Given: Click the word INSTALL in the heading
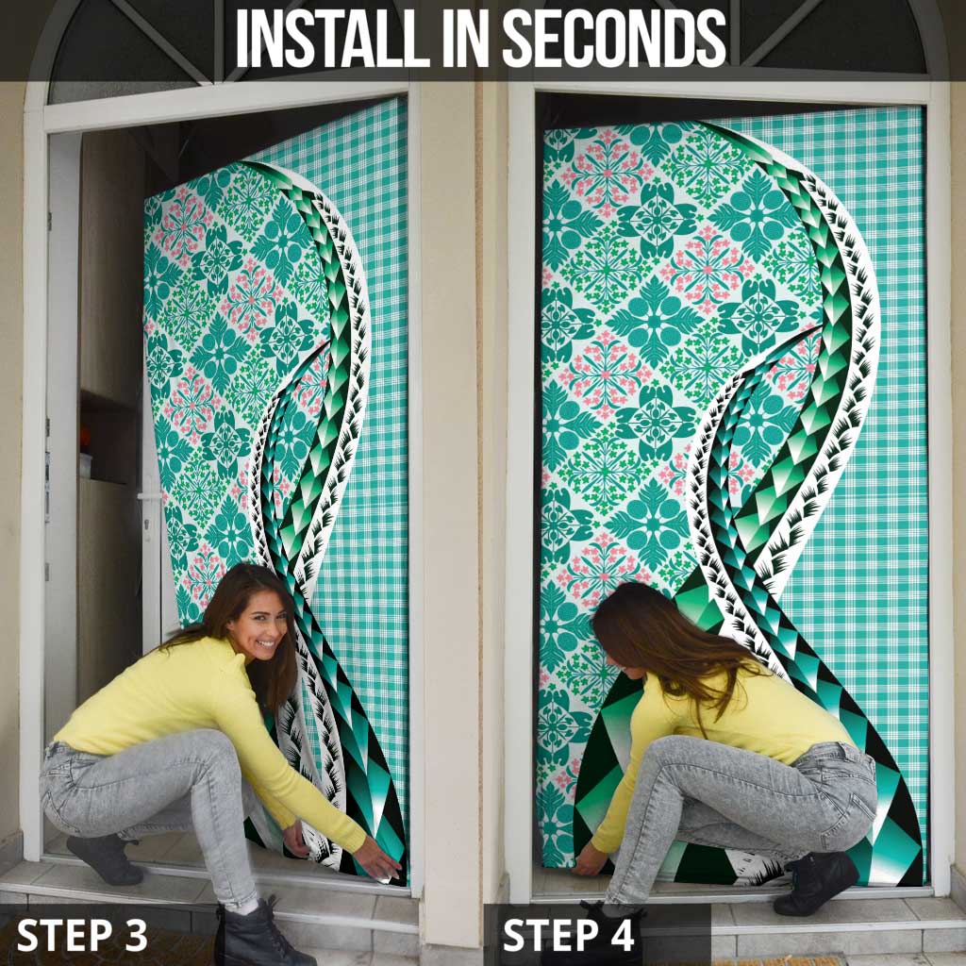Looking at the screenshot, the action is (x=332, y=38).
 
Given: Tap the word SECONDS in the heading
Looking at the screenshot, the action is (x=615, y=38).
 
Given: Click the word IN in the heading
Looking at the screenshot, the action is (x=466, y=38).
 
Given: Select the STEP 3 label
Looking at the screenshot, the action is (x=82, y=935).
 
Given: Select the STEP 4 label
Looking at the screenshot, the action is (x=568, y=935).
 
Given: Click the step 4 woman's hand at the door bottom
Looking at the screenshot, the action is (x=589, y=859).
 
